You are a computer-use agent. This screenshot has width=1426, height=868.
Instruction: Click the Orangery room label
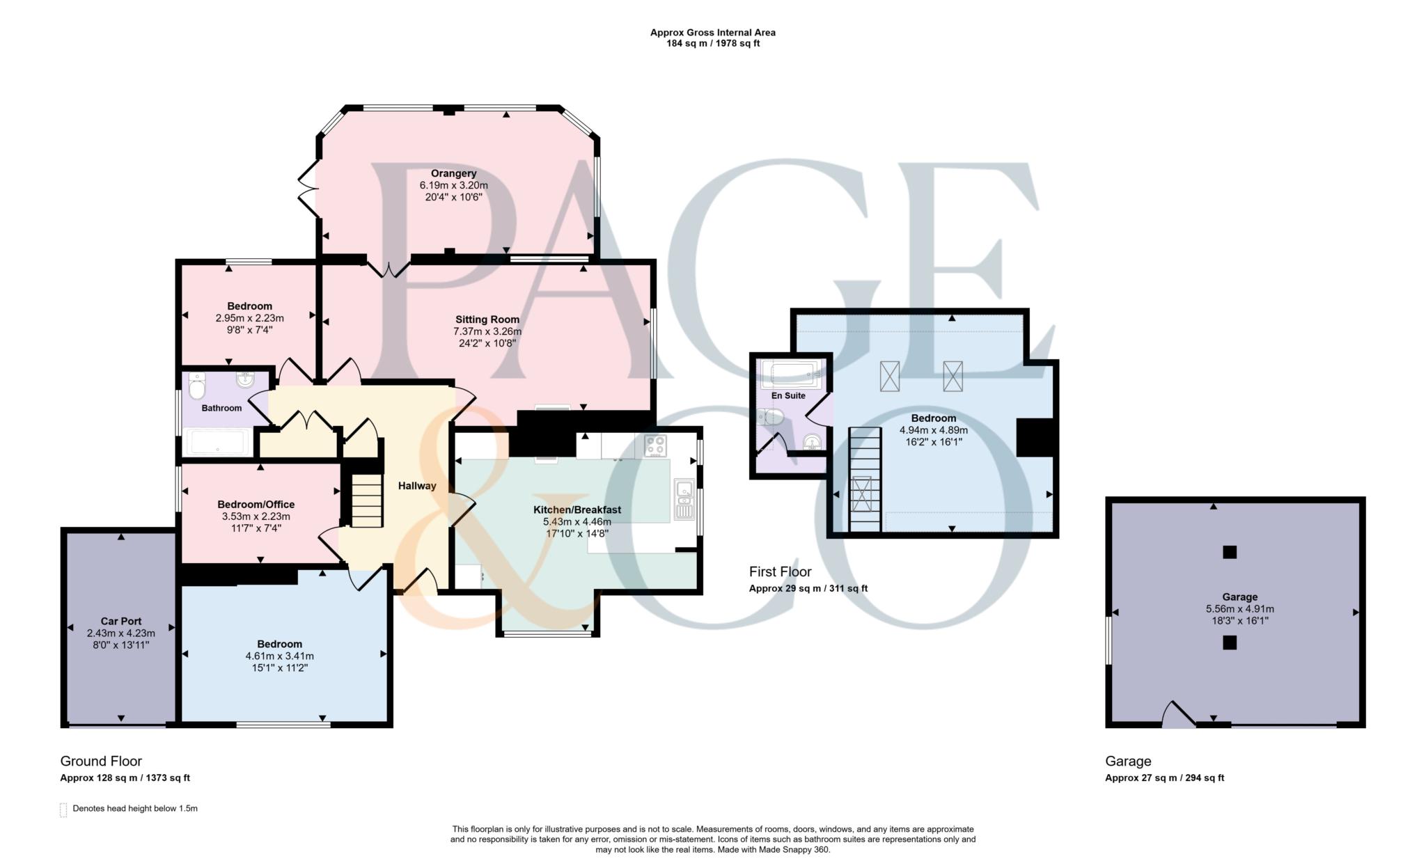click(453, 173)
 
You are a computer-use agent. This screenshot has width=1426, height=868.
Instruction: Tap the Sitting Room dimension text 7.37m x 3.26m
click(487, 331)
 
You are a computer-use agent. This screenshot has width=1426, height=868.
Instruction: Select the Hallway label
click(417, 486)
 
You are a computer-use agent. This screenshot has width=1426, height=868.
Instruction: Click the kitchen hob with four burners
click(655, 446)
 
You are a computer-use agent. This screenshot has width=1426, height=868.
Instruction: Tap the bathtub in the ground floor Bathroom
click(218, 441)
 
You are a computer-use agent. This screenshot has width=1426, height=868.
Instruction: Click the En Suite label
click(788, 395)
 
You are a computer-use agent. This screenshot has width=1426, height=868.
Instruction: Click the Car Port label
click(121, 621)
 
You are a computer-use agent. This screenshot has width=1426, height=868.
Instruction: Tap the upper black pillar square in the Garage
click(1230, 552)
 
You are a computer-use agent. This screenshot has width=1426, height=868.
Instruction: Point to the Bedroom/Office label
click(256, 505)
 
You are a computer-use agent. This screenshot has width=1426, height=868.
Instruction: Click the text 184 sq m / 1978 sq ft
click(712, 43)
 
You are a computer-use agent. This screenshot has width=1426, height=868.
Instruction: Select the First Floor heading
click(780, 571)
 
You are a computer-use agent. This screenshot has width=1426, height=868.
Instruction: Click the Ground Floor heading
click(101, 761)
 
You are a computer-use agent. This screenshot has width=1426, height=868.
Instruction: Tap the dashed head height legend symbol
click(63, 810)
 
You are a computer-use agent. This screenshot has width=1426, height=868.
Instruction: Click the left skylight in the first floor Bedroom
click(890, 376)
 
